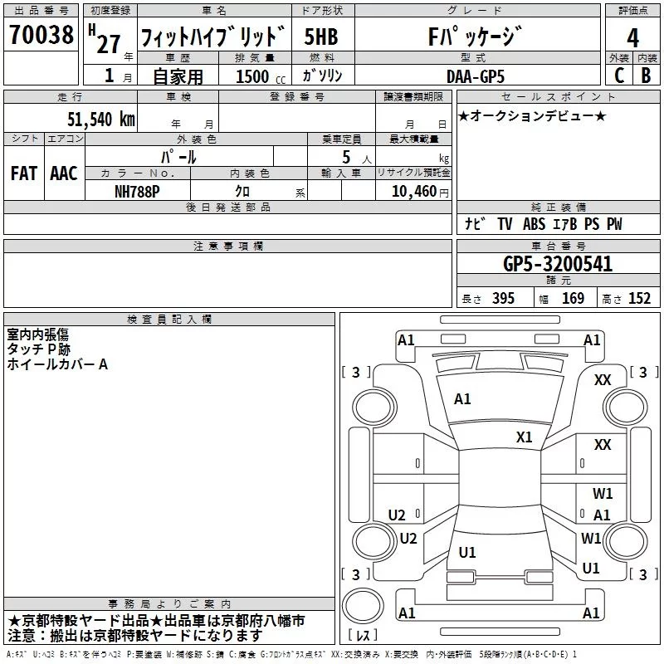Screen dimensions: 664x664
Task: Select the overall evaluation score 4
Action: point(632,37)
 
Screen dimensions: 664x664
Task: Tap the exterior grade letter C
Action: point(618,75)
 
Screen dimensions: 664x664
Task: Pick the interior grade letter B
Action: point(646,75)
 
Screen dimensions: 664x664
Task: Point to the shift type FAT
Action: point(24,173)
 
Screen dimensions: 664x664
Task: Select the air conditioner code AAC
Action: point(63,173)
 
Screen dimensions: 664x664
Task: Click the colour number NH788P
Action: point(139,191)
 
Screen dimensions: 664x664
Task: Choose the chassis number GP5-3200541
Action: point(558,264)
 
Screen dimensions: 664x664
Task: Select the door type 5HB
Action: point(322,37)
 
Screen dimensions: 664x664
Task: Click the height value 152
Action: point(639,299)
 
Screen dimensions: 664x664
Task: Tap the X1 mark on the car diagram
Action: point(525,437)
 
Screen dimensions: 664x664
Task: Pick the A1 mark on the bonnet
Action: point(462,399)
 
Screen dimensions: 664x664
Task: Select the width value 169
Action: point(573,299)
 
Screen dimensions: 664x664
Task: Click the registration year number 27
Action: point(108,43)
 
